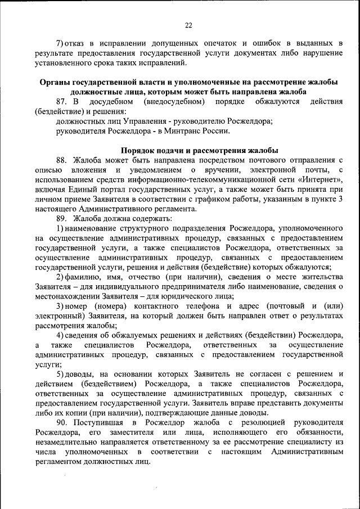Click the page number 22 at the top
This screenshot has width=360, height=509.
click(188, 25)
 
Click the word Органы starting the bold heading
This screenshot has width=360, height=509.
click(56, 83)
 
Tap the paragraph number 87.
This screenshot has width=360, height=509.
click(62, 102)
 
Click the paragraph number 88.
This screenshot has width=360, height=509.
click(62, 160)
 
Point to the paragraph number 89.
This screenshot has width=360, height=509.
click(62, 218)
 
